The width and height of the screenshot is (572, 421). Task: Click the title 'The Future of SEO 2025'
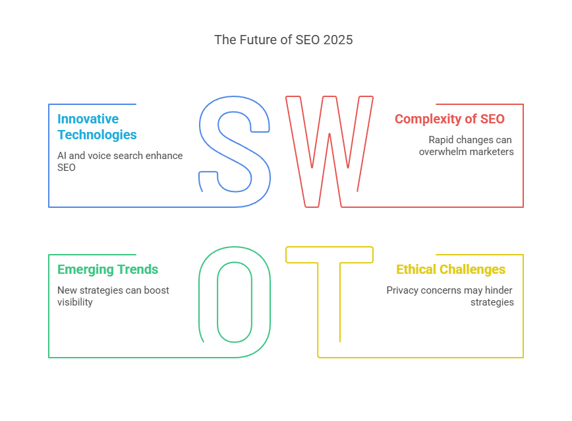283,40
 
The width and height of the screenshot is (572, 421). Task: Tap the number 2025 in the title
338,40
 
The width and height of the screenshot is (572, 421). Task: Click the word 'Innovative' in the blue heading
88,119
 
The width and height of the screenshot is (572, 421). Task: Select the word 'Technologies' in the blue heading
97,135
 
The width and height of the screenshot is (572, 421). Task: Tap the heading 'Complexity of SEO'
449,119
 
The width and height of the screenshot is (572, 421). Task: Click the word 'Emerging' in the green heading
86,270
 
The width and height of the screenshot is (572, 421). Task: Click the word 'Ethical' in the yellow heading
416,269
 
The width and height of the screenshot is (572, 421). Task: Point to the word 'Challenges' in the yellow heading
472,270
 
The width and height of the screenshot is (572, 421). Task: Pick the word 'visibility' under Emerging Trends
74,302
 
